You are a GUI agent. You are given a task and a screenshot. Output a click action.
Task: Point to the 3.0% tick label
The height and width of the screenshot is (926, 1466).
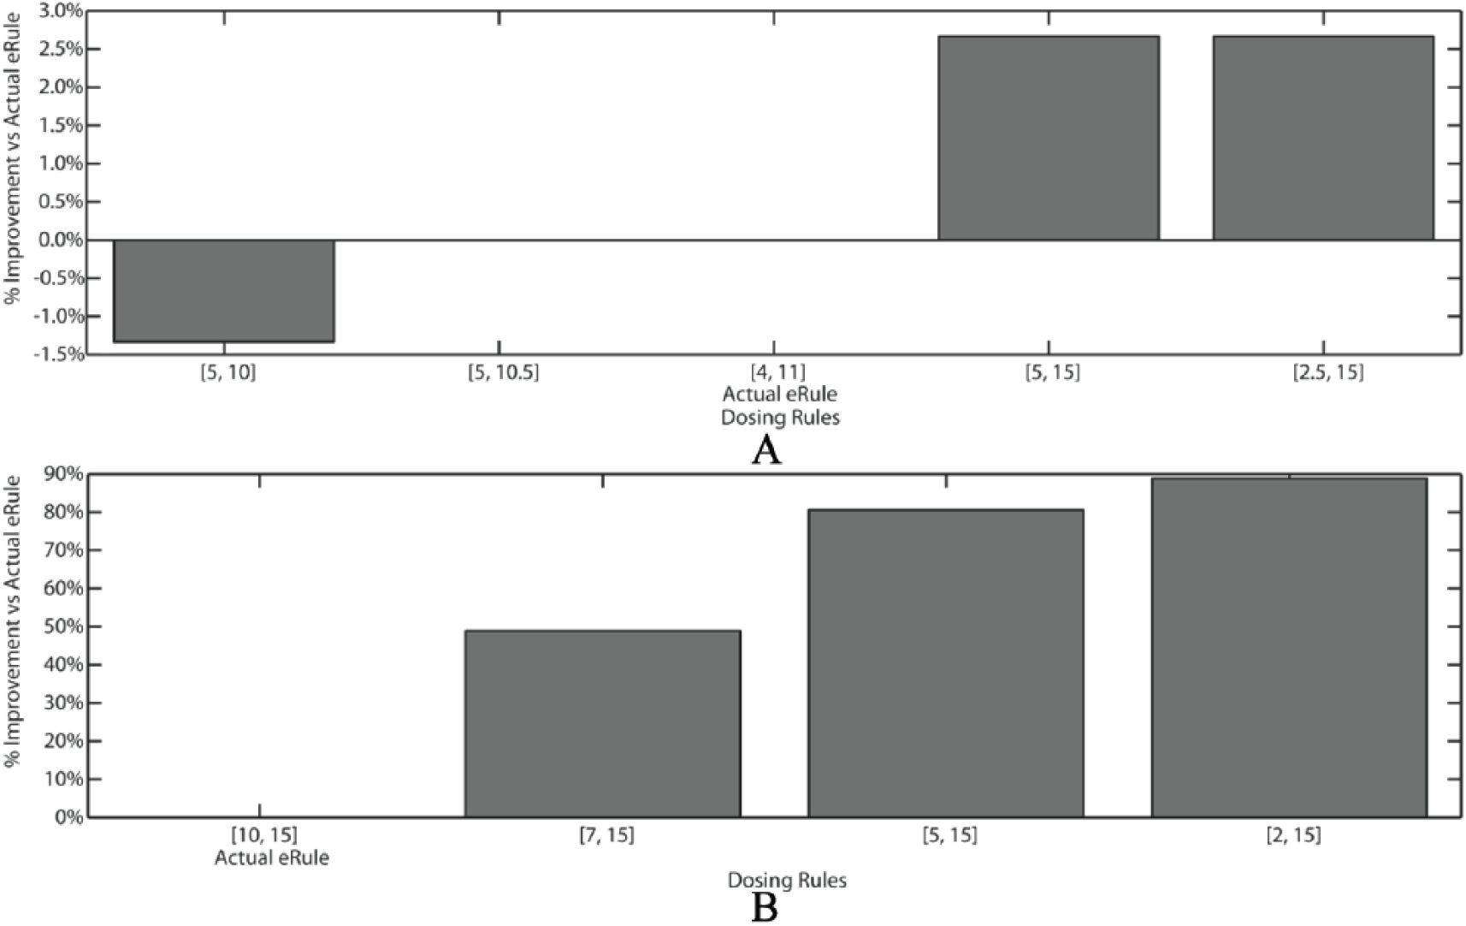coord(59,11)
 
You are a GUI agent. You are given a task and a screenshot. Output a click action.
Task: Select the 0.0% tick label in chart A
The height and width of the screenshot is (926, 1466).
coord(59,240)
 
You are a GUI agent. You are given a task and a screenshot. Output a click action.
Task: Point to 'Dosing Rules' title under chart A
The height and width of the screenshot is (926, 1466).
coord(780,418)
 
